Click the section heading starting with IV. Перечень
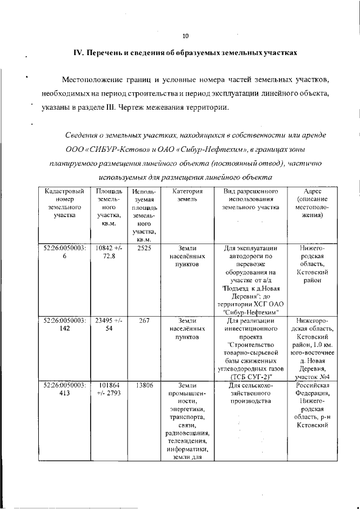[x=185, y=53]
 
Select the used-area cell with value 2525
[x=143, y=247]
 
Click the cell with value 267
[x=143, y=320]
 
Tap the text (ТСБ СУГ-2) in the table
[x=251, y=377]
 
